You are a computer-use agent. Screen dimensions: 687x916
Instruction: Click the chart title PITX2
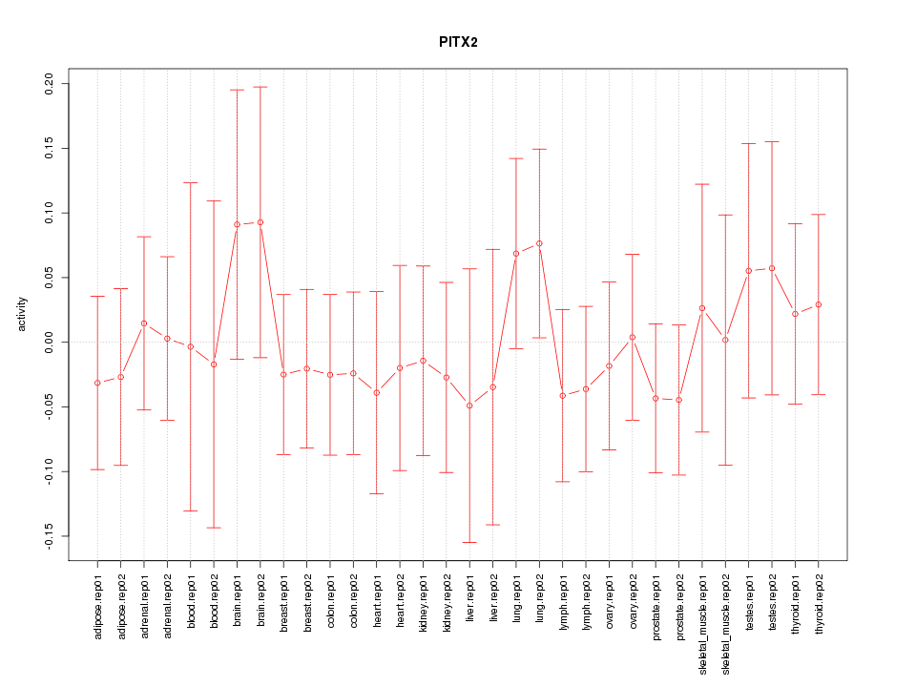[458, 43]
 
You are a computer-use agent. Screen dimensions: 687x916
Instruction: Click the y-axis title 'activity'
[22, 314]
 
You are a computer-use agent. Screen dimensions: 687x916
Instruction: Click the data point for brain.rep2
[260, 222]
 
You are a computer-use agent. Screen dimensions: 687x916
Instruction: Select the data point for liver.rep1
[469, 406]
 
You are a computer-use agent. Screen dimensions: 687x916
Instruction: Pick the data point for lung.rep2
[539, 243]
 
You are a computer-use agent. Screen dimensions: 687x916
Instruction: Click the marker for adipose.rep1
[97, 383]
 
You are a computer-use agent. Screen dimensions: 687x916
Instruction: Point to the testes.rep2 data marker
[772, 268]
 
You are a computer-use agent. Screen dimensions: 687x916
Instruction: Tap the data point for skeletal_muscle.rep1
[702, 308]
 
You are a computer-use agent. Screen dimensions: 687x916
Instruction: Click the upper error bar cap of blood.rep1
[191, 182]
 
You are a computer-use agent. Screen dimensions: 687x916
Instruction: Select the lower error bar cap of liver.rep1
[469, 542]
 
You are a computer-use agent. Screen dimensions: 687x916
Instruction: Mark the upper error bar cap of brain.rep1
[237, 90]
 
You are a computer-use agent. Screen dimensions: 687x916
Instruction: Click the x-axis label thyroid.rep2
[819, 611]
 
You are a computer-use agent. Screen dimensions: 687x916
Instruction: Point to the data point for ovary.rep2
[633, 337]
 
